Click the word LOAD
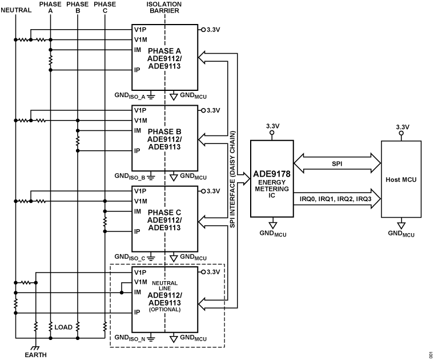pos(63,327)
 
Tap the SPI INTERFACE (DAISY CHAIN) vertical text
pos(233,178)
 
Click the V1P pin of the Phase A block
pos(140,29)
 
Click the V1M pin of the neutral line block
pos(140,282)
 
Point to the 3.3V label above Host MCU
pos(401,127)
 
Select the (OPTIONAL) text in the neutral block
pos(164,309)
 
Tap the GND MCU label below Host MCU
pos(401,233)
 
